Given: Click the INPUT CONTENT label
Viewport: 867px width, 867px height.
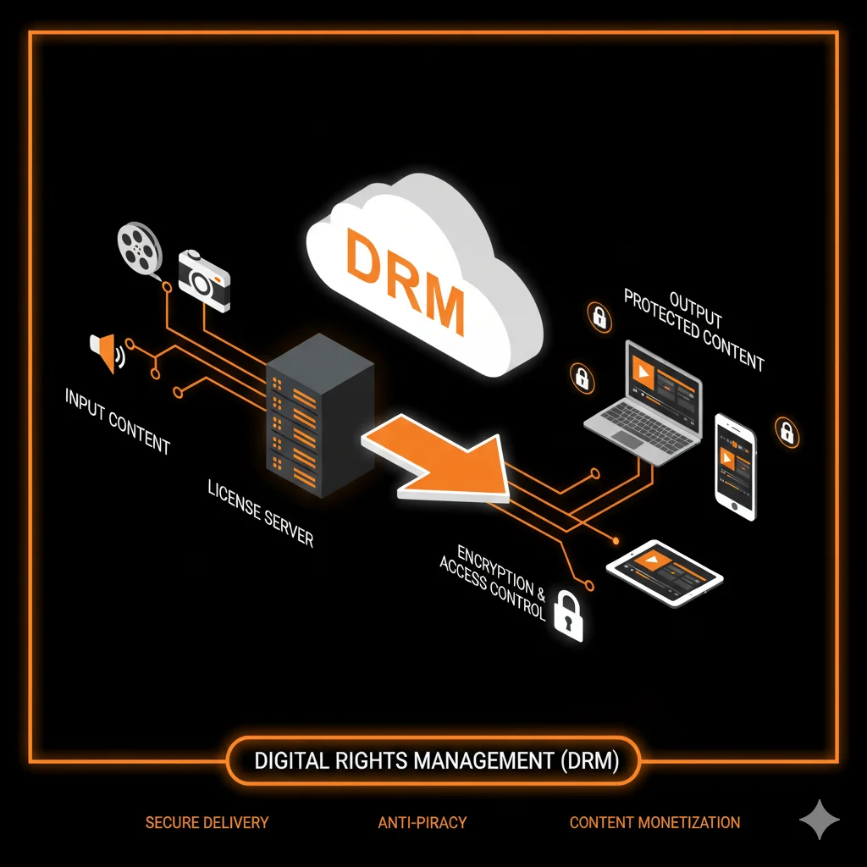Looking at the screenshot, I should (x=118, y=421).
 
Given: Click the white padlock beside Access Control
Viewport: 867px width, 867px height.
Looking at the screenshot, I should (x=568, y=617).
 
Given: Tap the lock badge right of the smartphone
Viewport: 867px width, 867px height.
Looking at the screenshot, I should (x=787, y=433).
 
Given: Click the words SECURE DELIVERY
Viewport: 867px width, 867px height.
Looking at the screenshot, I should (x=207, y=822).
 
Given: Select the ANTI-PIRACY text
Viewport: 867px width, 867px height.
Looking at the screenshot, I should (x=422, y=822).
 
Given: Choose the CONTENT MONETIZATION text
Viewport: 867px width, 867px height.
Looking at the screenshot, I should (x=654, y=822).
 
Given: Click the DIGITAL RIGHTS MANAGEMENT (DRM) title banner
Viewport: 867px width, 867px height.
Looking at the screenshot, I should (x=436, y=760).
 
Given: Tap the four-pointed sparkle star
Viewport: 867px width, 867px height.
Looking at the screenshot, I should (x=820, y=820).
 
